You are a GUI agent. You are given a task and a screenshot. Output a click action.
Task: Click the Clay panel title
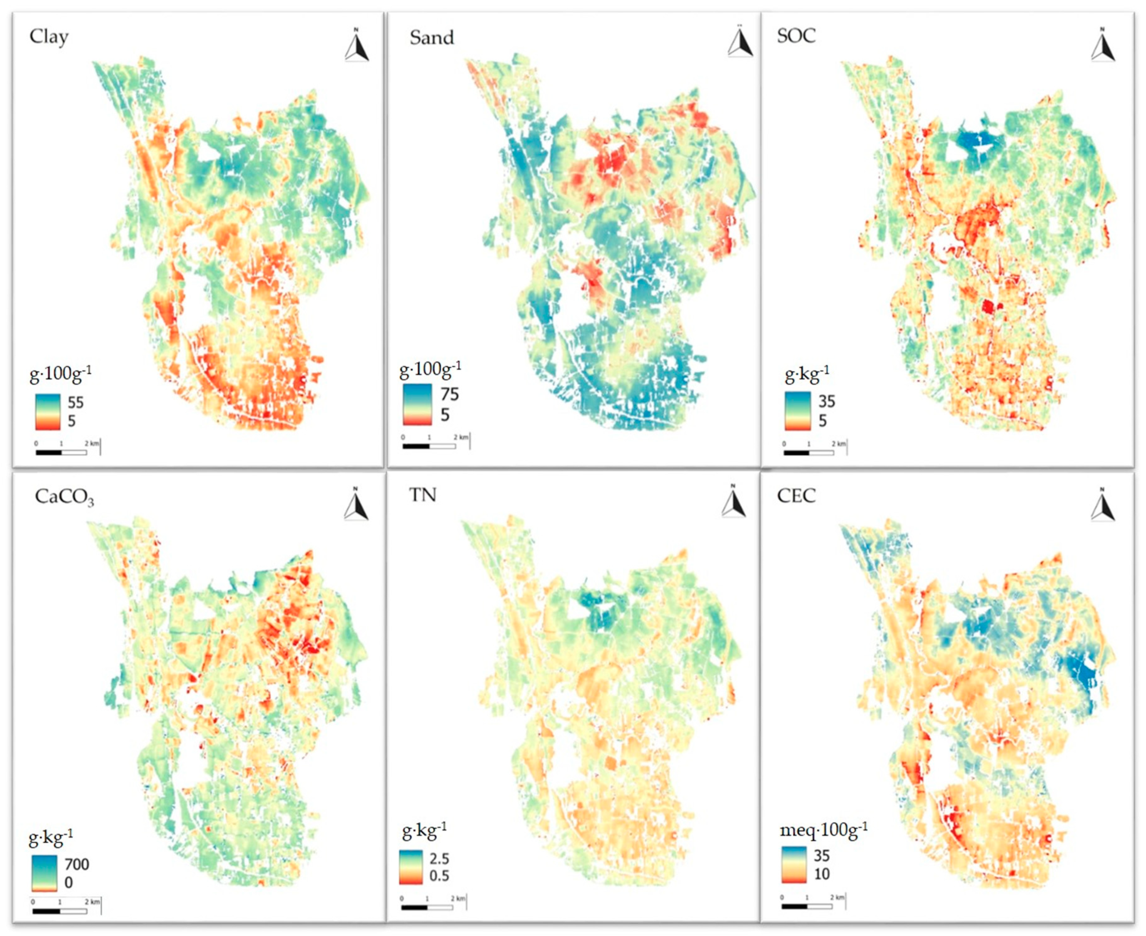[49, 37]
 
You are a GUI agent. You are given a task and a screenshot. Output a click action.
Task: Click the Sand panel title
[432, 38]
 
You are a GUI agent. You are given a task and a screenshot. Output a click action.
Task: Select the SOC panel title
[796, 36]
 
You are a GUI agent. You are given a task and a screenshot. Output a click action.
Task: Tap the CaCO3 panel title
[64, 497]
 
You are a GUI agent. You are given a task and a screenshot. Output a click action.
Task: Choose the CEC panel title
[796, 495]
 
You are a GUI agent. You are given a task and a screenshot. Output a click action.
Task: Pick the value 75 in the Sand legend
[449, 394]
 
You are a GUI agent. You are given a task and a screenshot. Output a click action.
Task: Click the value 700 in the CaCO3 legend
[77, 864]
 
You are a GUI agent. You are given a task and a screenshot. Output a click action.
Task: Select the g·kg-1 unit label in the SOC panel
[806, 373]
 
